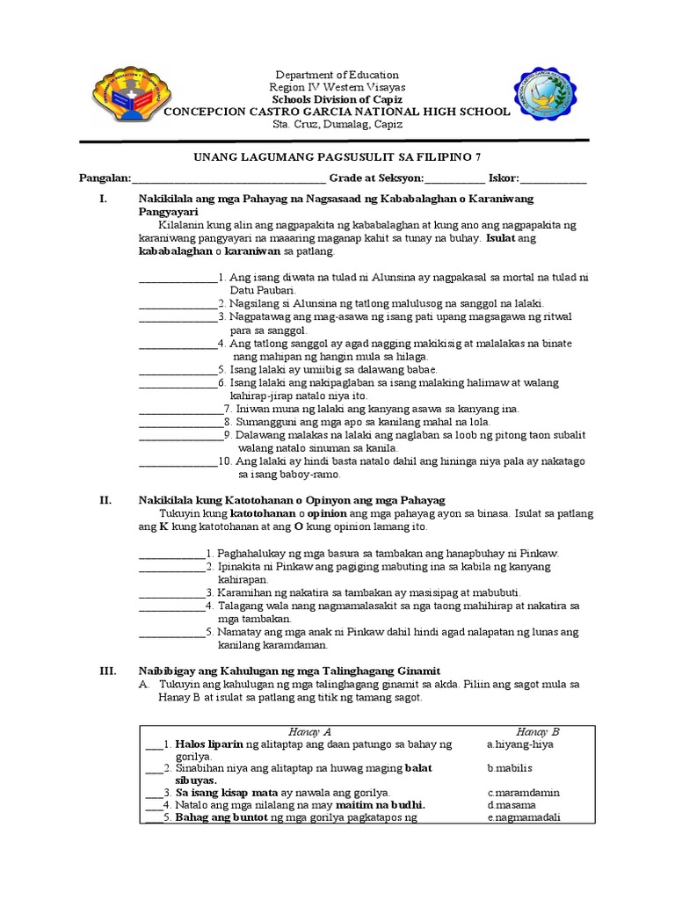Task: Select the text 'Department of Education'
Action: [x=337, y=76]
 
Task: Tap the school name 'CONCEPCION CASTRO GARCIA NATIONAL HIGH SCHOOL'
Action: [x=337, y=112]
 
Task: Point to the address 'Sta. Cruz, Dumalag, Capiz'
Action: [x=337, y=125]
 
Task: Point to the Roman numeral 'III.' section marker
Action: [x=107, y=671]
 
